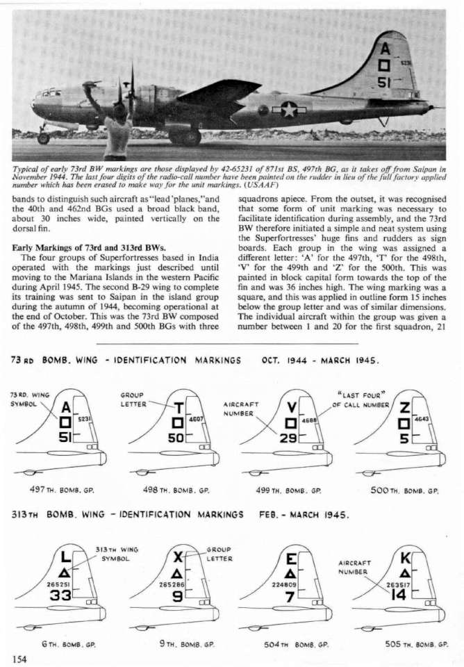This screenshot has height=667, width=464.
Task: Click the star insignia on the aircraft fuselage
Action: pyautogui.click(x=288, y=109)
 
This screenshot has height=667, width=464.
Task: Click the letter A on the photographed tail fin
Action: pyautogui.click(x=384, y=49)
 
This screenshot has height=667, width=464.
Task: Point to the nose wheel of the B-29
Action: pyautogui.click(x=43, y=138)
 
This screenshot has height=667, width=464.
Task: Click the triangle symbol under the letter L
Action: pyautogui.click(x=65, y=571)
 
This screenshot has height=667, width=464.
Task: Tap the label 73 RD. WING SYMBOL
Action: pyautogui.click(x=27, y=400)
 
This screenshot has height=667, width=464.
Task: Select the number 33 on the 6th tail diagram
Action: pyautogui.click(x=60, y=597)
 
